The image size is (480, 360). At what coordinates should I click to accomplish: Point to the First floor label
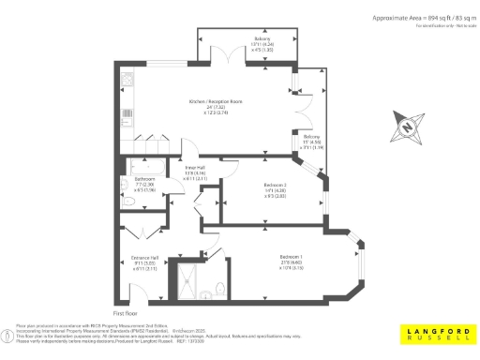click(126, 311)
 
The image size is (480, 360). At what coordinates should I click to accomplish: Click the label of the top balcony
click(262, 39)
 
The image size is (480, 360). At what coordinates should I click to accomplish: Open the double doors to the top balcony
click(227, 57)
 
